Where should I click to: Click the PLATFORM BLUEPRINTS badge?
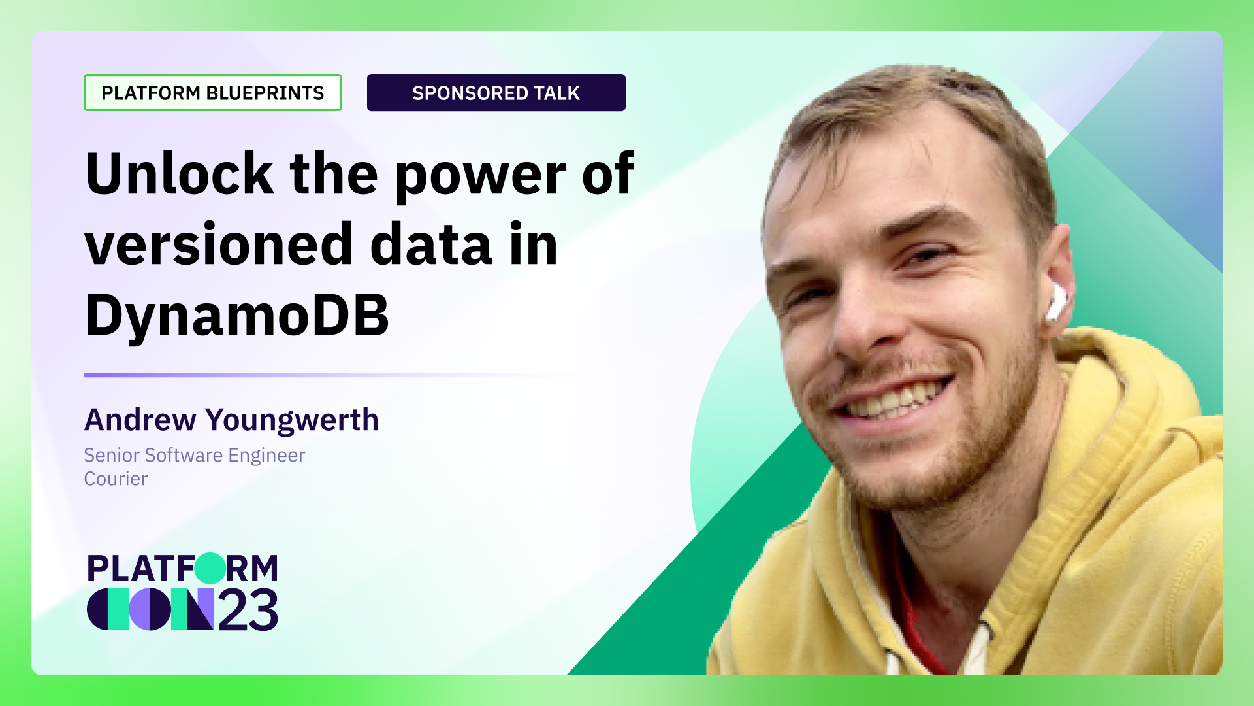[x=212, y=93]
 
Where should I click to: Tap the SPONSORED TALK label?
[x=496, y=93]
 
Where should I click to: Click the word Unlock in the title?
[x=179, y=174]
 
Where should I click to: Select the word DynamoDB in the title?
[x=237, y=316]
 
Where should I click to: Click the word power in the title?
[x=480, y=175]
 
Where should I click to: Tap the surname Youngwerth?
[x=292, y=420]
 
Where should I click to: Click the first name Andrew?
[x=140, y=420]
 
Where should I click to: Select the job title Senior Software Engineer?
[x=194, y=455]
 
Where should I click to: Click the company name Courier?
[x=116, y=479]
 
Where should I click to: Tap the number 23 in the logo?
[x=248, y=611]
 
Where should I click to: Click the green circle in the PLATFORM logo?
[x=210, y=567]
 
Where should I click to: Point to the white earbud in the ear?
[x=1055, y=302]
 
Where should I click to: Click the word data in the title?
[x=430, y=244]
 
